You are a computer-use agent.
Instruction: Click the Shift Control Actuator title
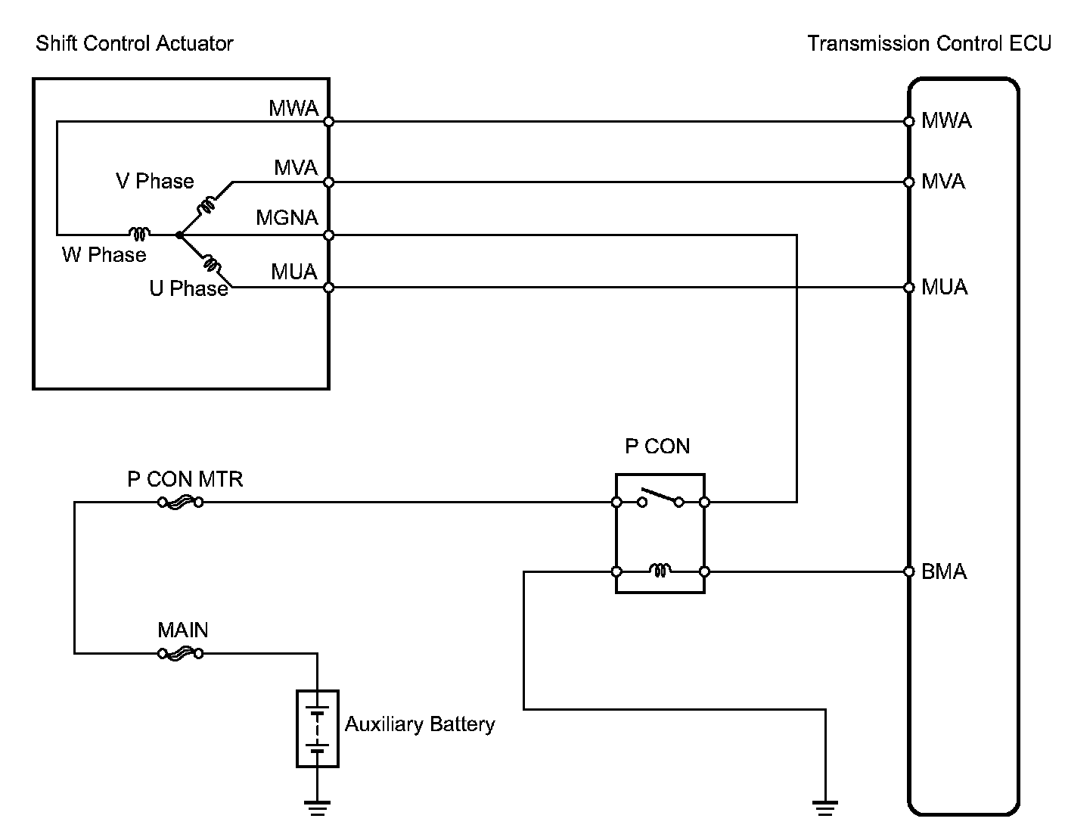135,43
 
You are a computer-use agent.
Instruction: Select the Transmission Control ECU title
929,43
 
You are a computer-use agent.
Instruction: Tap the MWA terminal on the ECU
909,121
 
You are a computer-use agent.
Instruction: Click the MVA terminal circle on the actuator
328,182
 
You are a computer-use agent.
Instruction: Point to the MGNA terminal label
287,218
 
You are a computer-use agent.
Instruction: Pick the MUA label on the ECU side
944,288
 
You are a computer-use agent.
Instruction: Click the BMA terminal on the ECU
909,571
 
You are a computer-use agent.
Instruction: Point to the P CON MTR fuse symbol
180,502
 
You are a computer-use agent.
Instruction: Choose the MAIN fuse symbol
180,653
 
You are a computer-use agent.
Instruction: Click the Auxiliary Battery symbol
317,728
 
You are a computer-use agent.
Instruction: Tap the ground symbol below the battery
317,808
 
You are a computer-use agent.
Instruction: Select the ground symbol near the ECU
824,808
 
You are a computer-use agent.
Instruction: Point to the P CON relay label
657,447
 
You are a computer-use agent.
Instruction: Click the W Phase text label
104,254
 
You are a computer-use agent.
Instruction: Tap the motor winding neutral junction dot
179,235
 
